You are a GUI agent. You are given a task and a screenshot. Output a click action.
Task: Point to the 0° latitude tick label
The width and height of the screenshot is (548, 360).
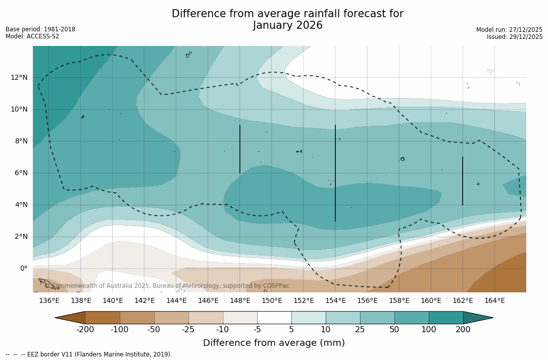pos(23,268)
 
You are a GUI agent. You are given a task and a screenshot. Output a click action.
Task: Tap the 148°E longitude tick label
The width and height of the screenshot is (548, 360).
pos(240,300)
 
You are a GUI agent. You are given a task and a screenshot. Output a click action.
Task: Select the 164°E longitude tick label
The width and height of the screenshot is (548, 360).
pos(494,300)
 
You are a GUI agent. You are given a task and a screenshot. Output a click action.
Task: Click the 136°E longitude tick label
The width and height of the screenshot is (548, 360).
pos(49,300)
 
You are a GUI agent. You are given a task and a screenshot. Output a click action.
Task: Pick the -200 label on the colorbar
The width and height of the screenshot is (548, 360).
pos(85,330)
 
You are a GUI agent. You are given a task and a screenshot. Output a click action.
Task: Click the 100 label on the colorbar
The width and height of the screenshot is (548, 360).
pos(429,330)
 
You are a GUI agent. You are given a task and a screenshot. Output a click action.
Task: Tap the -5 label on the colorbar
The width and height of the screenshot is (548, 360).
pos(257,330)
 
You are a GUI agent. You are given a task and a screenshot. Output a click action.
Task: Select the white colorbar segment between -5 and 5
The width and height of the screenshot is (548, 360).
pos(274,318)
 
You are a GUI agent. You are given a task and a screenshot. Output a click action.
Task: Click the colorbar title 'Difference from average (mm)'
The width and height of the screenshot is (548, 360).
pos(274,343)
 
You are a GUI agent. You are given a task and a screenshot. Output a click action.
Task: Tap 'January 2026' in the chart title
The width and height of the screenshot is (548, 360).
pos(287,25)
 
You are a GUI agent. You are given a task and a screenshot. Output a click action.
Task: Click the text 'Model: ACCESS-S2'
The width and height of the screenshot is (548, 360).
pos(32,36)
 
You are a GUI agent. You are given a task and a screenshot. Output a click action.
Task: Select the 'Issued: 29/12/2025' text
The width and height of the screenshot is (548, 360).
pos(515,37)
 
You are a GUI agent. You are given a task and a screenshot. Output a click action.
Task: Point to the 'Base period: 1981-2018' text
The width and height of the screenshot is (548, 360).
pos(40,29)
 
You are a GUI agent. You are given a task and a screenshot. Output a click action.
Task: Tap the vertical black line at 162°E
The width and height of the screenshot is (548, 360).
pos(463,181)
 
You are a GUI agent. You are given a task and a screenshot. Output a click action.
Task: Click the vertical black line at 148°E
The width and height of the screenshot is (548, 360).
pos(240,149)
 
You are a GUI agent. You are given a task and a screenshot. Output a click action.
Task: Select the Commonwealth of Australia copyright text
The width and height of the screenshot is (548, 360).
pos(167,286)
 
